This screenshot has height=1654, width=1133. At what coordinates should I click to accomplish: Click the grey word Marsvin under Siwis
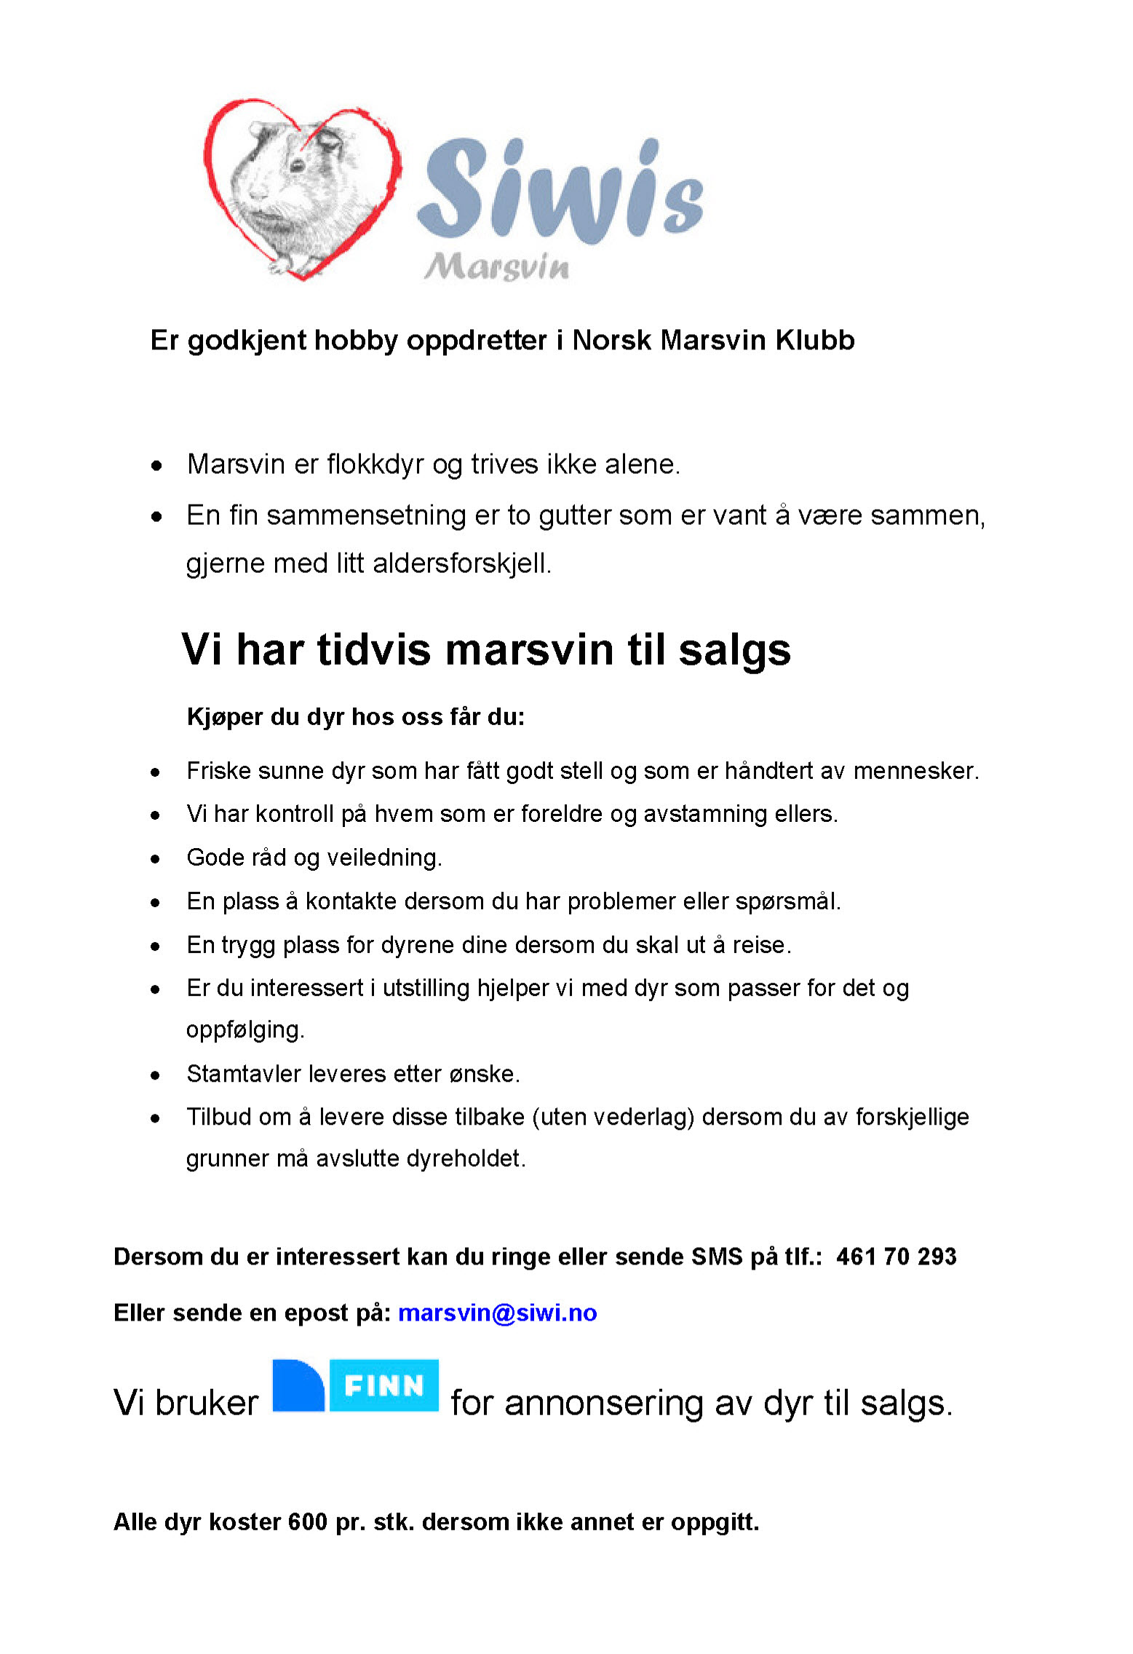tap(497, 266)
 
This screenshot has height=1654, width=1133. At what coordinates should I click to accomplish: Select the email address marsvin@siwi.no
tap(497, 1313)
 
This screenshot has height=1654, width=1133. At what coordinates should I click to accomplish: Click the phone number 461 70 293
tap(896, 1257)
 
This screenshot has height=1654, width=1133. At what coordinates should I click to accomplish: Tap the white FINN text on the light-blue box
tap(383, 1385)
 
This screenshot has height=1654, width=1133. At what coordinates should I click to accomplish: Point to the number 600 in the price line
tap(307, 1522)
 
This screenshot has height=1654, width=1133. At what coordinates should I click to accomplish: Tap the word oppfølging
tap(245, 1030)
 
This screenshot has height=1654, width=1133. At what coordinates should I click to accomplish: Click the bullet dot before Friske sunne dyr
tap(156, 772)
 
